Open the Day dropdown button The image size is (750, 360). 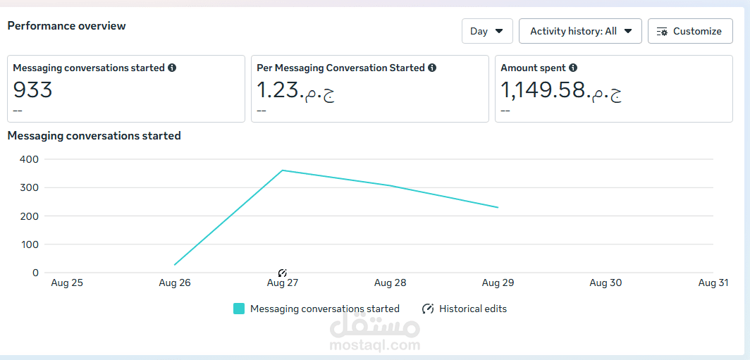click(x=486, y=31)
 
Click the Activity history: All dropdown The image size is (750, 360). click(x=580, y=31)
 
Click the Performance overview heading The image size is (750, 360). click(x=66, y=26)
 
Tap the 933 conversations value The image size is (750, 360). click(x=32, y=90)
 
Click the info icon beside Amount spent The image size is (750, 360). click(x=573, y=68)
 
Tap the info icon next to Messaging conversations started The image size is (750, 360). click(x=172, y=68)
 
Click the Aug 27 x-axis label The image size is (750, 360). click(x=283, y=283)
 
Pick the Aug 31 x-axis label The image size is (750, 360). click(x=713, y=283)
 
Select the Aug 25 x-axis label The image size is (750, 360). click(x=67, y=283)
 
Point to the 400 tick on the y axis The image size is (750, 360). click(x=29, y=159)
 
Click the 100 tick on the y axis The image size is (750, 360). click(x=29, y=244)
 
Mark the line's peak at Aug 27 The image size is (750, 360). click(x=283, y=170)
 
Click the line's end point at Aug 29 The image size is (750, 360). click(x=498, y=207)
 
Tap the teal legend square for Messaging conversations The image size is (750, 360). click(x=239, y=309)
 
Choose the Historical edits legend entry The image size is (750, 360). click(x=465, y=309)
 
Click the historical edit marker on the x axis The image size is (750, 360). click(x=283, y=273)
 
